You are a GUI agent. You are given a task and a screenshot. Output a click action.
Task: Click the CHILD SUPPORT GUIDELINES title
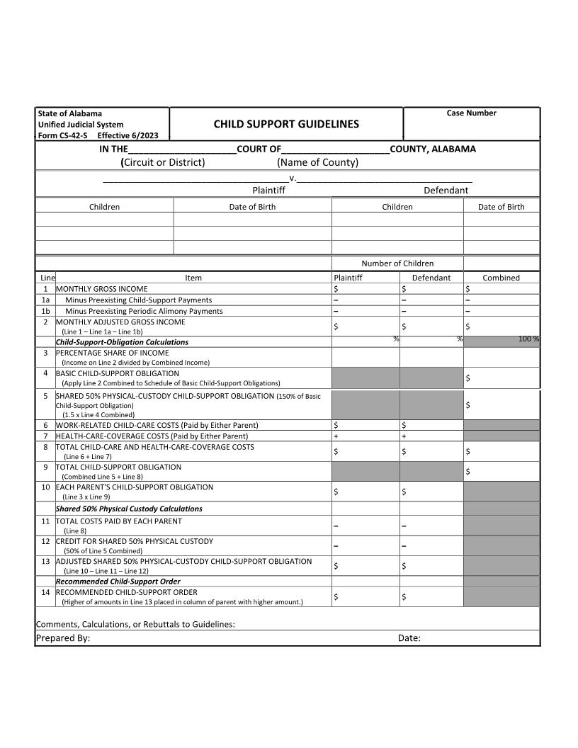click(x=286, y=124)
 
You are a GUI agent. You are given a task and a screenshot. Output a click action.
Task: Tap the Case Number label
click(x=471, y=113)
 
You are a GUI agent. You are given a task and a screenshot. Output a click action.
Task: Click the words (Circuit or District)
click(x=163, y=162)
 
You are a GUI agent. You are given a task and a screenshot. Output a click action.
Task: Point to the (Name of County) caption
click(x=317, y=162)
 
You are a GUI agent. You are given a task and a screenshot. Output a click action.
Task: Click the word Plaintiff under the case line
click(x=268, y=190)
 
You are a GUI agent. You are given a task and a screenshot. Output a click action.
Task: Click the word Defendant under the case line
click(x=446, y=190)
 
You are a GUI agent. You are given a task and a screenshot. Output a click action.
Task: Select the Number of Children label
click(x=397, y=263)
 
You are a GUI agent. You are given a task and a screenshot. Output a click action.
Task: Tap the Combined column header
click(x=501, y=278)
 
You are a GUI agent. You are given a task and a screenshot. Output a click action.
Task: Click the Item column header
click(x=193, y=278)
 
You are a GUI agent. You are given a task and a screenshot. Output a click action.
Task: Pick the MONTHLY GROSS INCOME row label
click(x=102, y=289)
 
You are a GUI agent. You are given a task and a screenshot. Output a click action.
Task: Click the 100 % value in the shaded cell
click(x=528, y=339)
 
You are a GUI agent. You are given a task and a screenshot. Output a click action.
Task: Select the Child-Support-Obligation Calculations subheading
click(x=122, y=342)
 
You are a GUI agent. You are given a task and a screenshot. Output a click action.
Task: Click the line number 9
click(x=45, y=467)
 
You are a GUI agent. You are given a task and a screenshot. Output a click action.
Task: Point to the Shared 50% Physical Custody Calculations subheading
click(x=129, y=509)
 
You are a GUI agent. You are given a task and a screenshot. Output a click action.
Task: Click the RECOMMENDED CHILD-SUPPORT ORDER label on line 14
click(x=127, y=592)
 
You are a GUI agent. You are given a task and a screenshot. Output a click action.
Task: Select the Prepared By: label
click(x=63, y=637)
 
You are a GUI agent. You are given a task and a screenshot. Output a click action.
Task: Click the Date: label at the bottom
click(x=409, y=637)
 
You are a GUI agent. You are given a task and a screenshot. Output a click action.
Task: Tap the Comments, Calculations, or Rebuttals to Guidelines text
click(x=135, y=624)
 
